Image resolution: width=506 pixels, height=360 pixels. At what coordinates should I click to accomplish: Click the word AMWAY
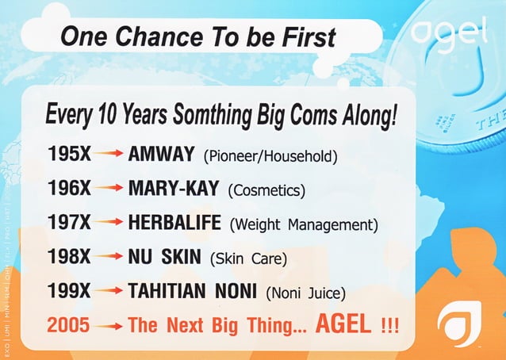pos(161,155)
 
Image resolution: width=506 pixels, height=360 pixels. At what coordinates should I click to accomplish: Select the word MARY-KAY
pos(174,189)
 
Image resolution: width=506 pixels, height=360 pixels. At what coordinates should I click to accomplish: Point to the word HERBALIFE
pos(174,224)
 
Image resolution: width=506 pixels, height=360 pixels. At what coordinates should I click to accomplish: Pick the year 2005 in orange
pos(67,326)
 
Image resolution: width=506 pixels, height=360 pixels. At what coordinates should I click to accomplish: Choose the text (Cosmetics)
pos(266,190)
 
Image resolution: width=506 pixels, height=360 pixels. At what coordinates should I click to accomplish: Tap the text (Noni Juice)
pos(306,293)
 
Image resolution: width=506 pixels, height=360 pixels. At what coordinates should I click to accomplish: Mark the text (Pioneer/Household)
pos(270,155)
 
